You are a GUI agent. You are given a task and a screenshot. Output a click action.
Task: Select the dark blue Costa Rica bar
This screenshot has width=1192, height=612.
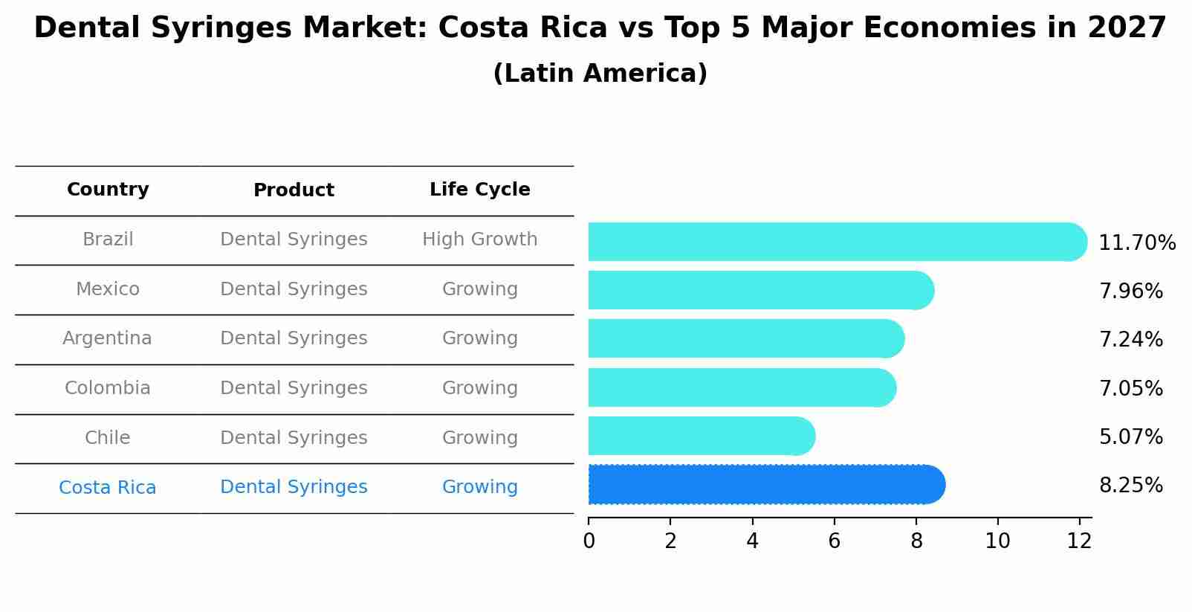tap(765, 485)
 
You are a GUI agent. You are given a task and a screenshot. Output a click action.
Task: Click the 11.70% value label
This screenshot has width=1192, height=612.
tap(1136, 243)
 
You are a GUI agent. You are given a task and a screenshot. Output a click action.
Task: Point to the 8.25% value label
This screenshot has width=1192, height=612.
tap(1130, 486)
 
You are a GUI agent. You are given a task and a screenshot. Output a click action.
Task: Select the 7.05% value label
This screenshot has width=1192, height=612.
tap(1130, 388)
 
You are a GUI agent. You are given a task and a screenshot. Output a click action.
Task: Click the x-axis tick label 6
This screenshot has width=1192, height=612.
tap(834, 541)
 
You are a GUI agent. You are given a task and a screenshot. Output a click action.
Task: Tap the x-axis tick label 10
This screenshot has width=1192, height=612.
tap(997, 541)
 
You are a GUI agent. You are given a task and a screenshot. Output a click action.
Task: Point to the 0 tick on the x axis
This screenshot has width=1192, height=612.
tap(589, 541)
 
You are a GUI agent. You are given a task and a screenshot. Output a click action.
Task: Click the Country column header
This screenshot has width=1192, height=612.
tap(108, 190)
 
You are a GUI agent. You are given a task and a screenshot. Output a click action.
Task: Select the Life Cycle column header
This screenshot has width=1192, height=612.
tap(479, 190)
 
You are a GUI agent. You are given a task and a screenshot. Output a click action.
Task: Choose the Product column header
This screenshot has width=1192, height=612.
tap(294, 190)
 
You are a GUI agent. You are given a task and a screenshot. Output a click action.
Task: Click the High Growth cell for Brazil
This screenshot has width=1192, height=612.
tap(479, 239)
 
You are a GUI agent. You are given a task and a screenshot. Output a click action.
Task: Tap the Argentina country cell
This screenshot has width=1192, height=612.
tap(107, 338)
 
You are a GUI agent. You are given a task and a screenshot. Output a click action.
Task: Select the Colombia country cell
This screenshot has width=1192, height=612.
tap(107, 388)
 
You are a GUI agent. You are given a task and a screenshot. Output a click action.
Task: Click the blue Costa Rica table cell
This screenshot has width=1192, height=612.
tap(107, 488)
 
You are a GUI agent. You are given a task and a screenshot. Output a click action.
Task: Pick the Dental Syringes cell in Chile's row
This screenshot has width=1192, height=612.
tap(294, 438)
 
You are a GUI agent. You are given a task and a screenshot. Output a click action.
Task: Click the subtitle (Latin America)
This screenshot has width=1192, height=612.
tap(600, 74)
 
